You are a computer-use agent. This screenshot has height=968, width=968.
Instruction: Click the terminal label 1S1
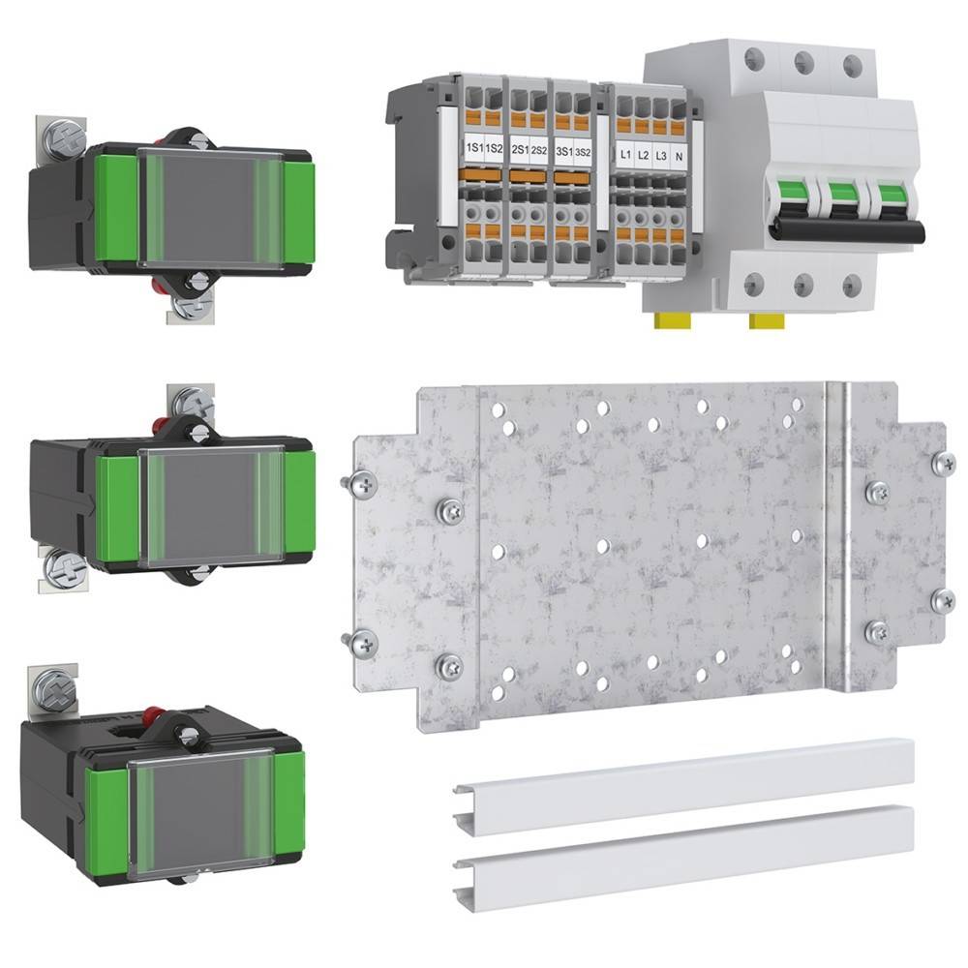(x=473, y=150)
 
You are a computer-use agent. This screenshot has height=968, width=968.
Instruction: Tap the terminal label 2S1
(x=520, y=151)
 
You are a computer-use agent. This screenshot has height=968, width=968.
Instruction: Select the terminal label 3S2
(x=582, y=152)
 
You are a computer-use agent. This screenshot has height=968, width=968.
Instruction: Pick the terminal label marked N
(x=681, y=156)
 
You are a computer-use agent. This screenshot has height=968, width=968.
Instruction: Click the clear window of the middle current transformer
(x=211, y=505)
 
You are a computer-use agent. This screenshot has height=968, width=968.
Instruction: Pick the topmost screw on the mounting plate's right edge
(x=942, y=463)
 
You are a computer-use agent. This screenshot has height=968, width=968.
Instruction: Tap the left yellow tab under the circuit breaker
(x=669, y=320)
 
